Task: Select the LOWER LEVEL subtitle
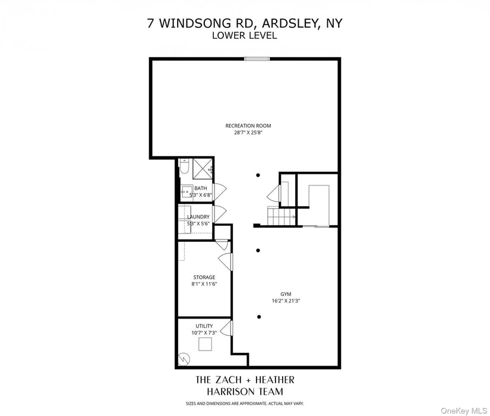coord(244,36)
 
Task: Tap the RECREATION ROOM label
coord(248,125)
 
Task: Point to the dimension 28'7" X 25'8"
coord(248,133)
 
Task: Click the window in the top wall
coord(257,58)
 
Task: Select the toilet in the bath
coord(184,168)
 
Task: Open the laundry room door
coord(219,213)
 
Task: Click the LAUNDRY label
coord(198,217)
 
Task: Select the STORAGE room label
coord(204,278)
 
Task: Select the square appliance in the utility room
coord(205,344)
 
